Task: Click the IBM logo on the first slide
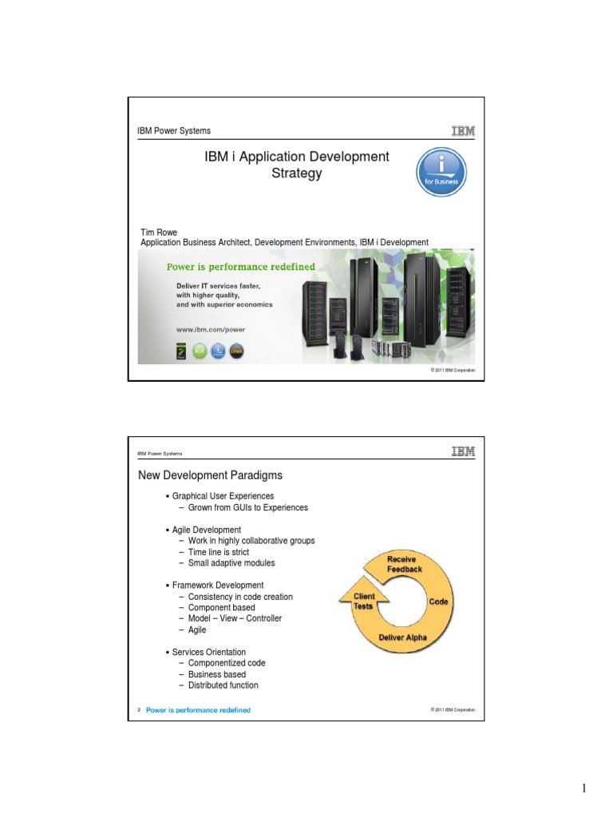[462, 131]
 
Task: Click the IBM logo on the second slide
[462, 452]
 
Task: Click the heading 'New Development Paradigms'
[210, 475]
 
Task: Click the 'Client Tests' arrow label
[364, 602]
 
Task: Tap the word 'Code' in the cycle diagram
[438, 602]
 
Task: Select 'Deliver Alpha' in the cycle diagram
[403, 637]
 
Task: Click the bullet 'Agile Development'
[206, 530]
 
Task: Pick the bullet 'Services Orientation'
[208, 652]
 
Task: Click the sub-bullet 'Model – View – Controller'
[235, 618]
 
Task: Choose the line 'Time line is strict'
[218, 552]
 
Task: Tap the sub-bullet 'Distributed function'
[223, 685]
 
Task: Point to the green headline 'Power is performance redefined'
[239, 267]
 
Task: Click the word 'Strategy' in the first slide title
[297, 173]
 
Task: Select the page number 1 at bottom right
[583, 789]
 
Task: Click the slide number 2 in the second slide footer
[139, 709]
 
